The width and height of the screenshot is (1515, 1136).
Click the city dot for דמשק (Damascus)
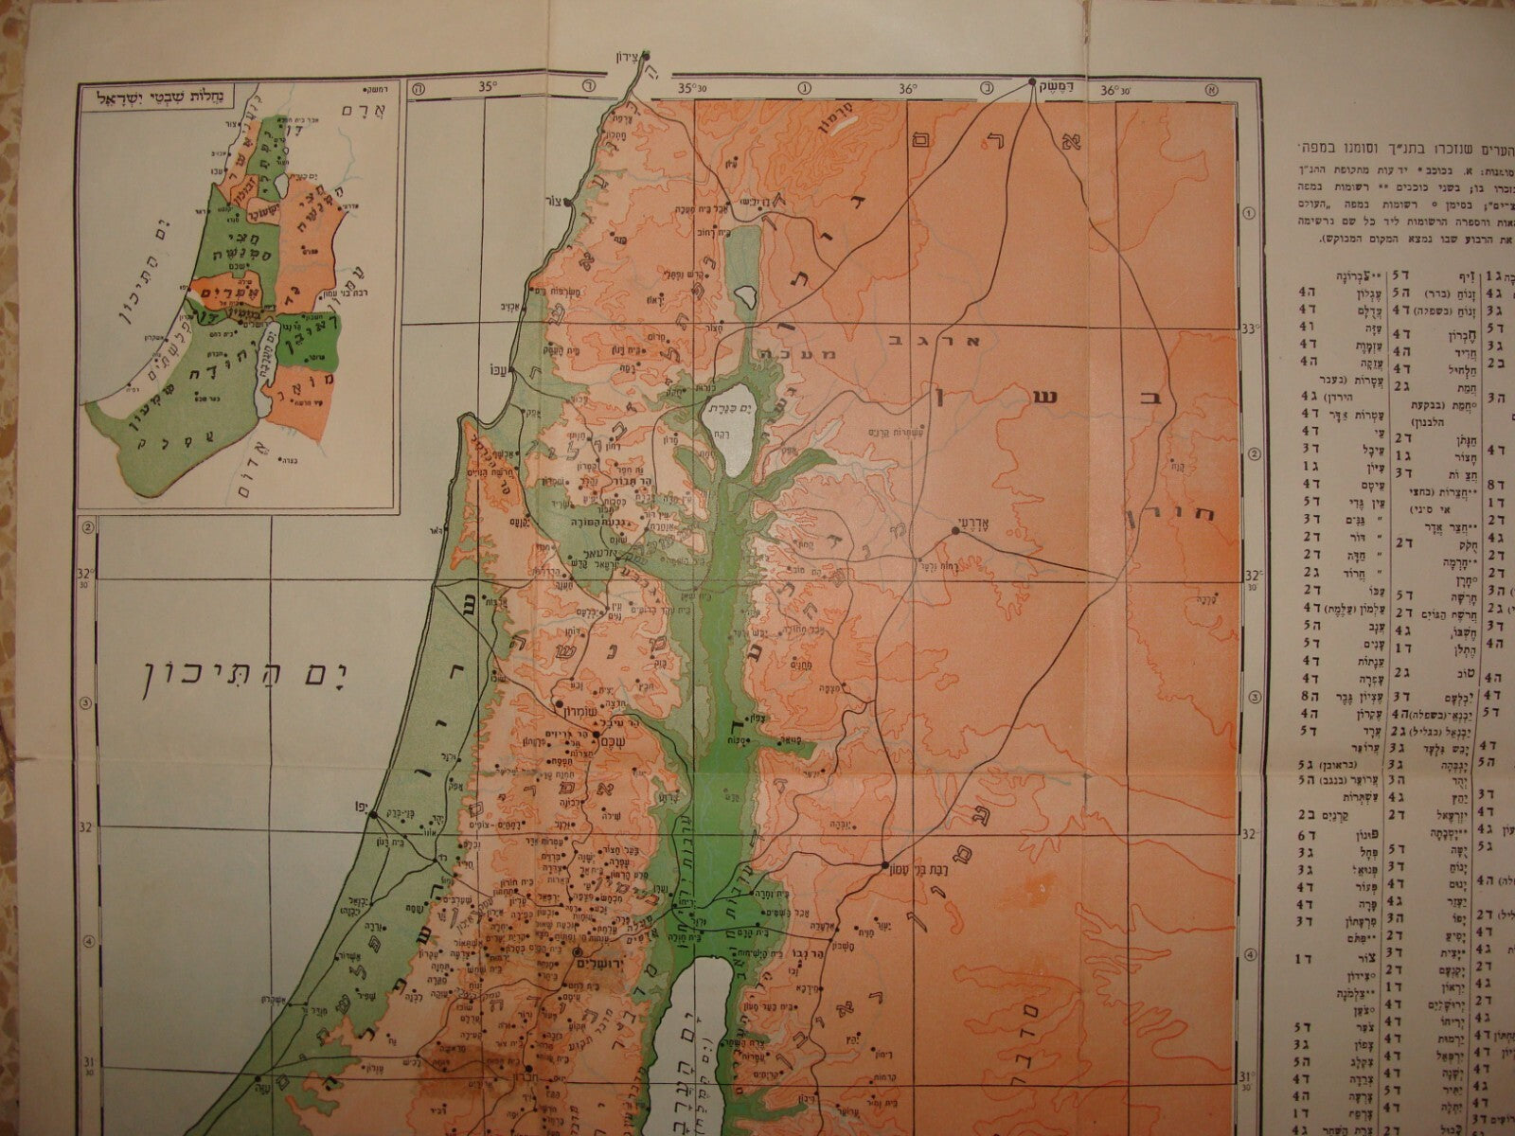(x=1034, y=83)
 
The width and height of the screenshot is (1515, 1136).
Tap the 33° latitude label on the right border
(x=1248, y=328)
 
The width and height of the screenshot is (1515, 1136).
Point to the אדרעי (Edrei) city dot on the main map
(x=955, y=530)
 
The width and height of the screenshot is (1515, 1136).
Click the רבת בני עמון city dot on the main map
(x=883, y=865)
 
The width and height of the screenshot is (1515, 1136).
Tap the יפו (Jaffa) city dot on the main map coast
(x=374, y=813)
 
